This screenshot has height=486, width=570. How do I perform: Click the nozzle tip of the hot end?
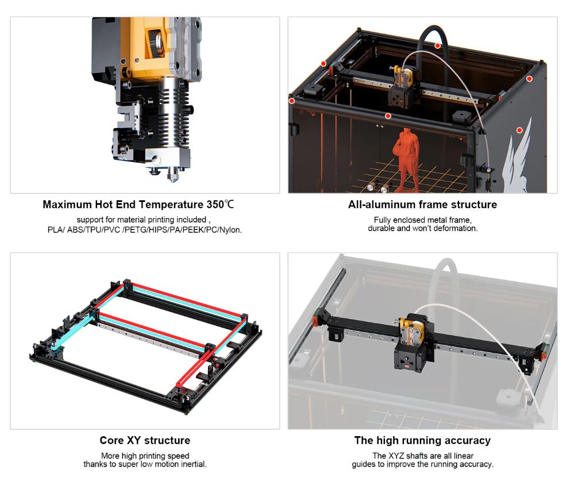click(172, 180)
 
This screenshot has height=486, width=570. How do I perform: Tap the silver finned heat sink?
click(173, 112)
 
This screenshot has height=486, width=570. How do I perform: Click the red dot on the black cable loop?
click(438, 46)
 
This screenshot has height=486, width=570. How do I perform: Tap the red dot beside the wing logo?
click(519, 130)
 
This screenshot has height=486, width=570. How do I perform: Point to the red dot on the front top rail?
click(388, 116)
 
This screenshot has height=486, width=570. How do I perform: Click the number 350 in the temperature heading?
click(215, 205)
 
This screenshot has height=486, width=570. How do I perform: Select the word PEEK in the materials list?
click(193, 230)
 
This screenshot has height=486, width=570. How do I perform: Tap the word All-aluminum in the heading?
click(379, 205)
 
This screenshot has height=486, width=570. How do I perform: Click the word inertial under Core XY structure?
click(192, 464)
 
